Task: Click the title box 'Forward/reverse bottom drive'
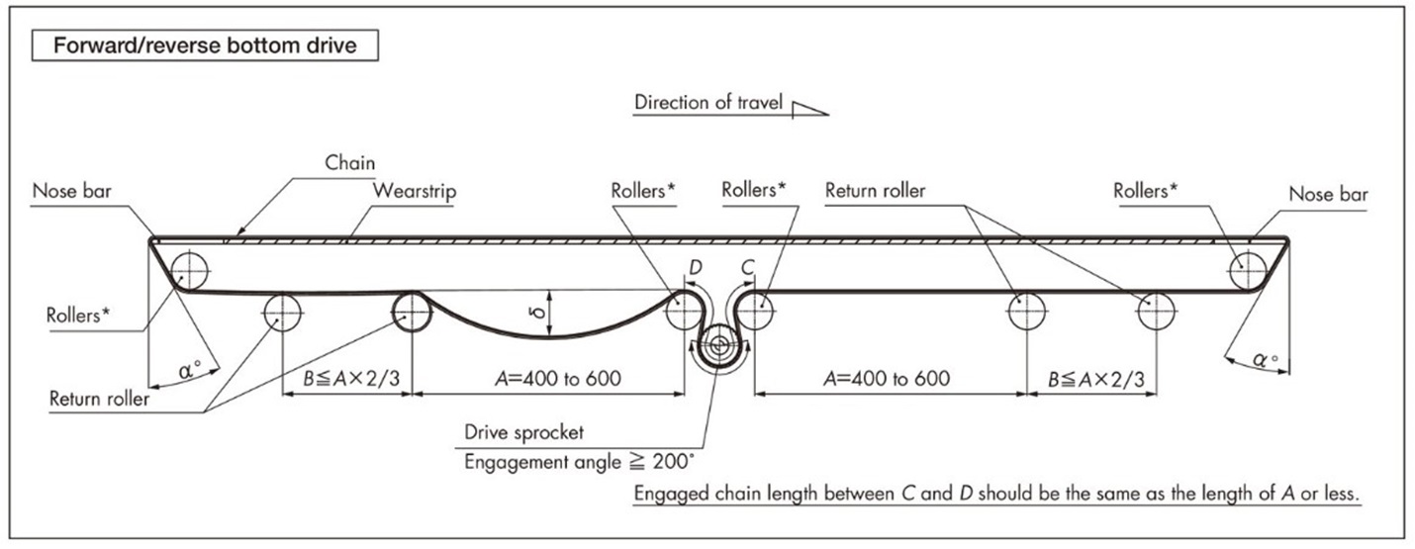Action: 205,46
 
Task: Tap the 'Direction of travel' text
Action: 708,102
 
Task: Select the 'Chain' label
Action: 349,162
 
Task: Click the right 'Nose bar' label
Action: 1328,194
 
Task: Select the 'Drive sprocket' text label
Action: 524,432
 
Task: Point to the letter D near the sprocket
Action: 695,268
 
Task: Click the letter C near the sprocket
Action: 748,268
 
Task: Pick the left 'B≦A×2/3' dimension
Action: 346,378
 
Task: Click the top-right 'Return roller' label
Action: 875,191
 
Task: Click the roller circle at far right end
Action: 1247,269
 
